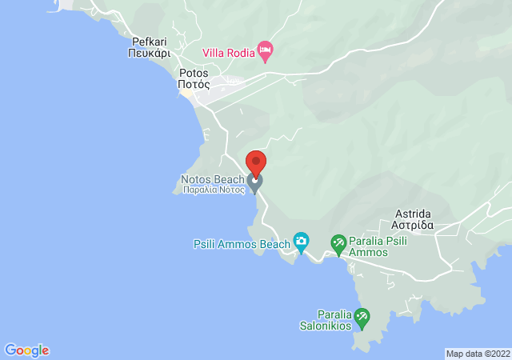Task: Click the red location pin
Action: [x=255, y=162]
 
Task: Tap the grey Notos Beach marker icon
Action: [x=255, y=184]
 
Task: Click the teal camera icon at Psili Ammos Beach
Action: [x=301, y=240]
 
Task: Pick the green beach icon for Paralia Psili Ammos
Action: [x=338, y=242]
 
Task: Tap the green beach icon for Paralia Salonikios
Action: [x=362, y=318]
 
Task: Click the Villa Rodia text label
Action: [x=228, y=53]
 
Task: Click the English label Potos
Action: [x=194, y=71]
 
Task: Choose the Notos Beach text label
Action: [x=212, y=179]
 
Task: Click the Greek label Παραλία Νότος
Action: [x=213, y=190]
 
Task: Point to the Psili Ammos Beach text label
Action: [x=242, y=244]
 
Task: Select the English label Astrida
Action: [x=413, y=214]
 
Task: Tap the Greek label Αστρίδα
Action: [x=413, y=226]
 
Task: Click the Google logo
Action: [x=27, y=350]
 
